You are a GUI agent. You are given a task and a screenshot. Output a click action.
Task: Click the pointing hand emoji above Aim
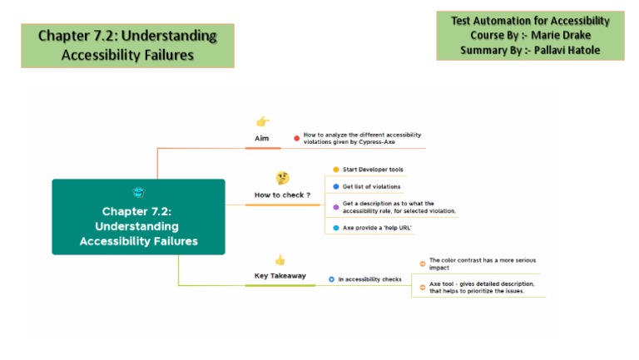[x=263, y=121]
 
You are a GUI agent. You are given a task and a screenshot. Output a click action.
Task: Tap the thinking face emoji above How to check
[x=283, y=178]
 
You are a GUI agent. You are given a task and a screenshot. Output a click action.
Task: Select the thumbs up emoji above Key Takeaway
[x=280, y=259]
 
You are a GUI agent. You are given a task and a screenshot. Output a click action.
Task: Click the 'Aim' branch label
[x=262, y=138]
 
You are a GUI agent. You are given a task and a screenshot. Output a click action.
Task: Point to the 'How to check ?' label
[x=282, y=195]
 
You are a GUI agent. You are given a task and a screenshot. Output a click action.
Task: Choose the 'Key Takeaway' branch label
[x=280, y=275]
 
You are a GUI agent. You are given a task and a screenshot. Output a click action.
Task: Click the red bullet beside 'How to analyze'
[x=296, y=138]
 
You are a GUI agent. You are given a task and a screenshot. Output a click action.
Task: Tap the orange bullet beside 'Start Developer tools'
[x=336, y=170]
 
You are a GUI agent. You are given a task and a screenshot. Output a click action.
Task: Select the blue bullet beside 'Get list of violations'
[x=336, y=186]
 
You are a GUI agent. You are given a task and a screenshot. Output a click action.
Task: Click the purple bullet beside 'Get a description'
[x=336, y=206]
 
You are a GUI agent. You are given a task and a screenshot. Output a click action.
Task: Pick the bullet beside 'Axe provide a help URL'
[x=336, y=227]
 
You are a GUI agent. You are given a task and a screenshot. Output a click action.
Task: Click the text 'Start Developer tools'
[x=373, y=170]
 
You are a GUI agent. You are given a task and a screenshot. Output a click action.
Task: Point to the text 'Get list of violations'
[x=371, y=186]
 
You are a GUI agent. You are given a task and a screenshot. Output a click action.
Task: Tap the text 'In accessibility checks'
[x=369, y=279]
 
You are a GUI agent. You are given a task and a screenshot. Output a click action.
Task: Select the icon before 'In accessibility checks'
[x=331, y=279]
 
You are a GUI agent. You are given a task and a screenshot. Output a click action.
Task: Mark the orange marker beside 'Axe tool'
[x=423, y=287]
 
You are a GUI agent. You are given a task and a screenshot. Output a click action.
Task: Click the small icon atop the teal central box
[x=138, y=192]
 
